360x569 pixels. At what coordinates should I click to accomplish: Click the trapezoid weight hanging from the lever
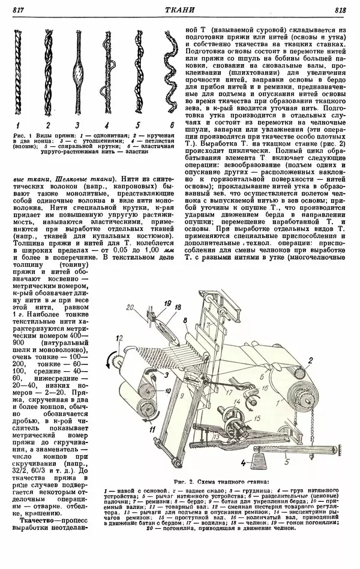tap(260, 463)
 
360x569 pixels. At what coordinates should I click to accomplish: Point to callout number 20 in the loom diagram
tap(131, 308)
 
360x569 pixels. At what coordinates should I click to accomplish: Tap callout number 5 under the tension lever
tap(287, 461)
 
